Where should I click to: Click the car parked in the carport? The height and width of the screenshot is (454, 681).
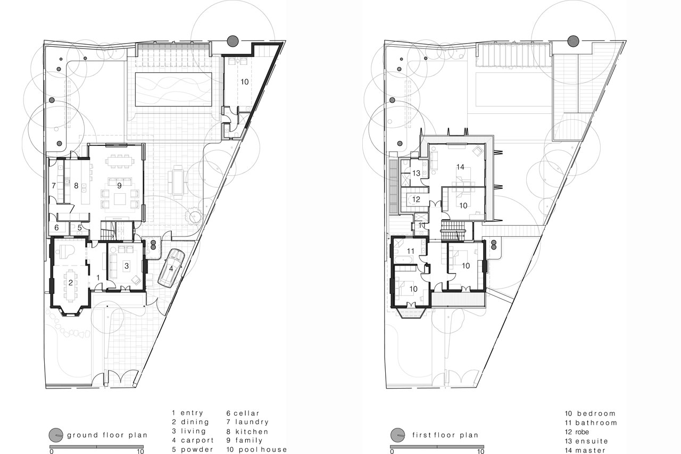[x=171, y=269]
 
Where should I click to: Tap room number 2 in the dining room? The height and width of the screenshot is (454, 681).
[x=70, y=283]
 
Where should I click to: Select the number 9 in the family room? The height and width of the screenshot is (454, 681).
[x=120, y=185]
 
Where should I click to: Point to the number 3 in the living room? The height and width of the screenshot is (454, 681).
[x=126, y=265]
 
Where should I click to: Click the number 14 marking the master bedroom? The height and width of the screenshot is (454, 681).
[x=460, y=167]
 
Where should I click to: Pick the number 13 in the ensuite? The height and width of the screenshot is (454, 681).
[x=416, y=174]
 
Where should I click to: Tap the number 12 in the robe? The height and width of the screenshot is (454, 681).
[x=416, y=200]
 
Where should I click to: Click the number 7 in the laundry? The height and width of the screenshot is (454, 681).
[x=54, y=185]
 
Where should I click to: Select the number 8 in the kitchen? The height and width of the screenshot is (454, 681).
[x=76, y=185]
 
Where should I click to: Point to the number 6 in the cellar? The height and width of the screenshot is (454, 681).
[x=57, y=228]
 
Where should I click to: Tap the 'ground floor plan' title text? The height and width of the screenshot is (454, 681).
[x=107, y=435]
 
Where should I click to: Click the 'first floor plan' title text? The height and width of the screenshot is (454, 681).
[x=445, y=435]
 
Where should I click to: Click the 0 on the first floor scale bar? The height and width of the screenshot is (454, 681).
[x=392, y=451]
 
